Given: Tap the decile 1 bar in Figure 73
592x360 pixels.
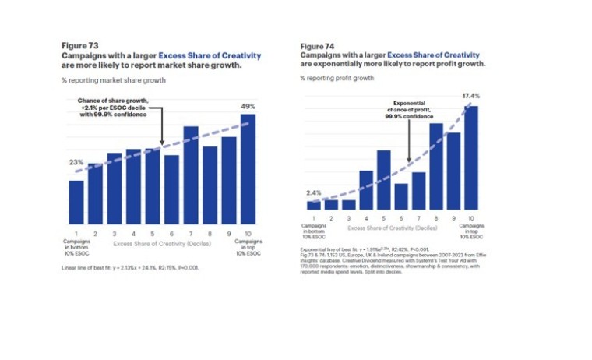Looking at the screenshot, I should [76, 202].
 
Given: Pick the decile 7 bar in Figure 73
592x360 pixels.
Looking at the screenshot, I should [191, 175].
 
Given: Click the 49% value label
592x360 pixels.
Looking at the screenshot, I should [248, 106].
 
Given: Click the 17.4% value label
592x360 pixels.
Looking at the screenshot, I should [470, 96].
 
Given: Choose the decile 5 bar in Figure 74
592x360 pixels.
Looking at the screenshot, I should [383, 180].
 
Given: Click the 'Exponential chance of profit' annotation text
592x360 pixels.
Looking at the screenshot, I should [409, 110].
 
